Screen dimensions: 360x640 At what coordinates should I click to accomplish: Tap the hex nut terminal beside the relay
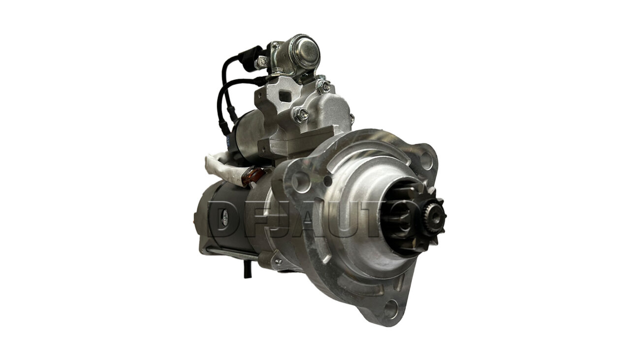[262, 61]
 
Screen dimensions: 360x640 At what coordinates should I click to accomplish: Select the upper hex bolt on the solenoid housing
[323, 87]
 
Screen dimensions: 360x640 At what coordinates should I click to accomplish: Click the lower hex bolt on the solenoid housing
[300, 115]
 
